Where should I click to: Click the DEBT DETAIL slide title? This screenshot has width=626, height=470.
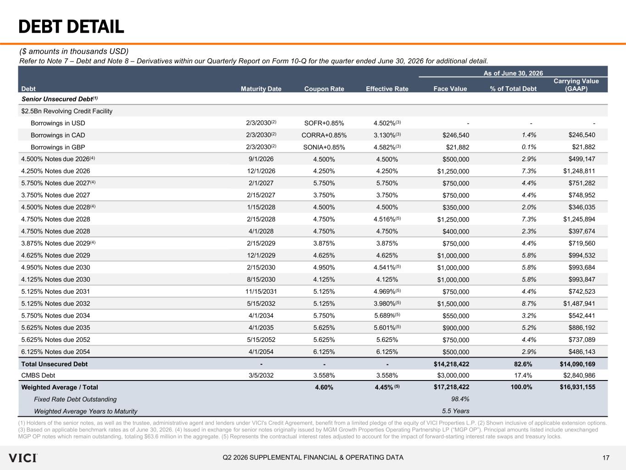(x=71, y=27)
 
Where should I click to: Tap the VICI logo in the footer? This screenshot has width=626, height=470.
(x=23, y=458)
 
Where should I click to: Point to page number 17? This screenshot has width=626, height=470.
(x=606, y=458)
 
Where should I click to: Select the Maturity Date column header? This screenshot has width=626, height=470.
(x=261, y=89)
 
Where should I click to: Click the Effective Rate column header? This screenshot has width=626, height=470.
(x=387, y=89)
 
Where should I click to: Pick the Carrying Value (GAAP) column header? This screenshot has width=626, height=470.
(x=576, y=85)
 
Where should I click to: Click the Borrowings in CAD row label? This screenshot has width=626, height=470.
(x=58, y=135)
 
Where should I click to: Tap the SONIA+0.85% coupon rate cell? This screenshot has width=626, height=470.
(x=324, y=147)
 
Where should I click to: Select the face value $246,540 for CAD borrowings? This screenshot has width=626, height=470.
(x=456, y=135)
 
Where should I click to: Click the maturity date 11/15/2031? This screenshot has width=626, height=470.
(x=261, y=291)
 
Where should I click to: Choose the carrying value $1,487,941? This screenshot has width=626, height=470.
(x=579, y=303)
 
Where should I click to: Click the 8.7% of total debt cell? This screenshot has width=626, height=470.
(x=529, y=303)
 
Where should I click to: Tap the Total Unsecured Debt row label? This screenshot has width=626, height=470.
(x=54, y=364)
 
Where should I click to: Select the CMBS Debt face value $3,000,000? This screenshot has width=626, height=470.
(x=453, y=375)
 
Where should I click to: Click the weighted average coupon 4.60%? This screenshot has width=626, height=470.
(x=324, y=387)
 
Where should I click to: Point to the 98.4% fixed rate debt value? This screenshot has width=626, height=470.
(x=460, y=399)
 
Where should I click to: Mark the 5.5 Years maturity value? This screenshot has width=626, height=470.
(x=455, y=411)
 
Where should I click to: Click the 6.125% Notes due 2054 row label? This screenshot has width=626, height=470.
(x=55, y=352)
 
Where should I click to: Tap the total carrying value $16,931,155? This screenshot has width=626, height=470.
(x=577, y=387)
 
